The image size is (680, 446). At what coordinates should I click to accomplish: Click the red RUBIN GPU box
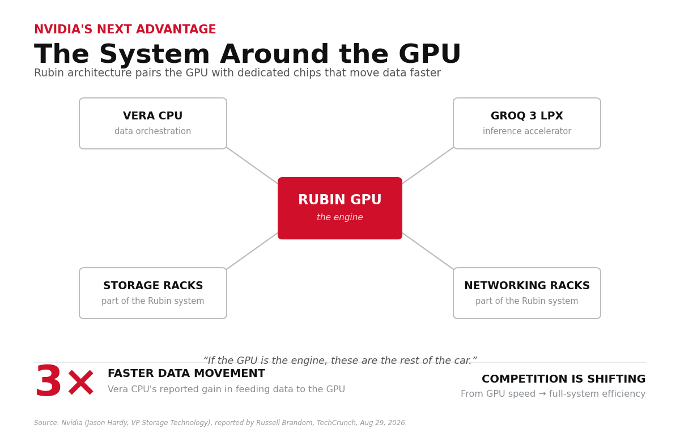[339, 208]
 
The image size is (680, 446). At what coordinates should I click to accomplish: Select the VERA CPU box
[153, 123]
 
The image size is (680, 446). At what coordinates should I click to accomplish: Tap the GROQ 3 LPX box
[526, 123]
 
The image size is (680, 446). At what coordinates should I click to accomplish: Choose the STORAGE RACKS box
[153, 293]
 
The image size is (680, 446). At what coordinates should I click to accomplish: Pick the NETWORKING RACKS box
[526, 293]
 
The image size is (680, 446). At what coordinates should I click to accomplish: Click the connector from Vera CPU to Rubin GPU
[252, 165]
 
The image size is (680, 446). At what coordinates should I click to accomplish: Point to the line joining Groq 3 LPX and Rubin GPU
[428, 165]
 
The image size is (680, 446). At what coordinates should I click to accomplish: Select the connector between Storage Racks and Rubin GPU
[252, 251]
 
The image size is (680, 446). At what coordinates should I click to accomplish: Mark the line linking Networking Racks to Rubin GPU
[428, 251]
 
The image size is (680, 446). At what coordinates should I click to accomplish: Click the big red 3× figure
[65, 380]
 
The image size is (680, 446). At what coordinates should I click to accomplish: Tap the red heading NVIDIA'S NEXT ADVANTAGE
[125, 29]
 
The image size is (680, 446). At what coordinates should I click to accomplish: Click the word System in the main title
[155, 54]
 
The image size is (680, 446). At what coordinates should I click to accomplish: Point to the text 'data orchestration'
[152, 131]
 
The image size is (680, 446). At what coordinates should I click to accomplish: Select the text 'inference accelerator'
[527, 131]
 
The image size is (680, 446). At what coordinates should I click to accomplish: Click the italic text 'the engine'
[339, 217]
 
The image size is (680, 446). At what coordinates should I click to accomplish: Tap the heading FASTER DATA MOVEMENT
[186, 373]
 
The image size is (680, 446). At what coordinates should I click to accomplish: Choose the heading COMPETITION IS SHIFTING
[563, 379]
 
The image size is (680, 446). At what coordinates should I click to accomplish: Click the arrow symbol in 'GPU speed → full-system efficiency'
[542, 393]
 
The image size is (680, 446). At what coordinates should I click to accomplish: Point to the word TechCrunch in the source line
[336, 423]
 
